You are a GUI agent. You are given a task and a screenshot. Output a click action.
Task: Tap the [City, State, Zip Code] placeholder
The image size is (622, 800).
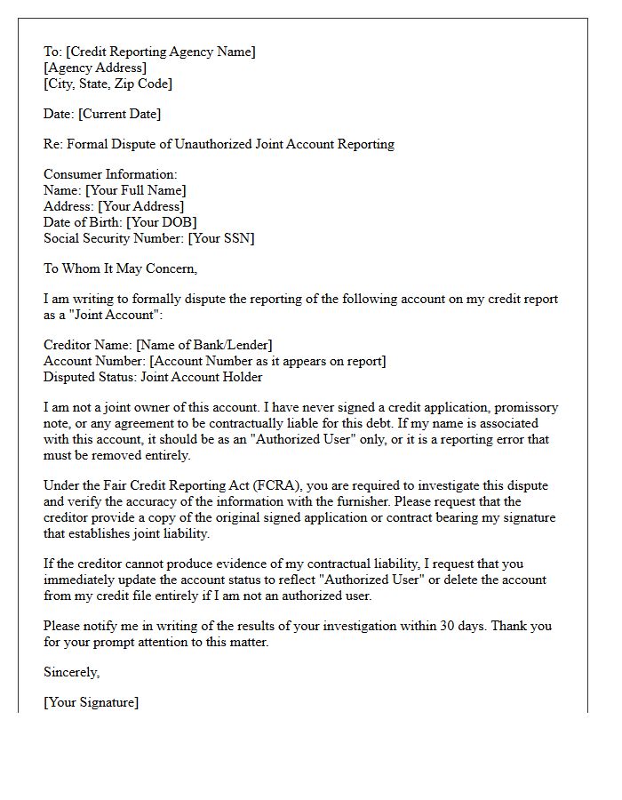pos(108,84)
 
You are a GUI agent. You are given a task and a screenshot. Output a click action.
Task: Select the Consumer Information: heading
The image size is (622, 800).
pos(110,175)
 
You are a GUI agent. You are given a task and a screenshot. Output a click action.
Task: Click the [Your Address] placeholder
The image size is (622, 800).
pos(141,207)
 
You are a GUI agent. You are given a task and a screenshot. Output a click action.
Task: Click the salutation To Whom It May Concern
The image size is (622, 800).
pos(120,269)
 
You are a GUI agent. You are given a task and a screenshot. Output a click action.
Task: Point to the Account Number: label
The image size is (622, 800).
pos(94,361)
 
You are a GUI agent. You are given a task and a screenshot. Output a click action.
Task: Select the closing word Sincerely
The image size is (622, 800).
pos(71,673)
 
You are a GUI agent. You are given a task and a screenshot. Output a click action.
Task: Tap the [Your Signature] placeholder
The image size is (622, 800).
pos(91,703)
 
